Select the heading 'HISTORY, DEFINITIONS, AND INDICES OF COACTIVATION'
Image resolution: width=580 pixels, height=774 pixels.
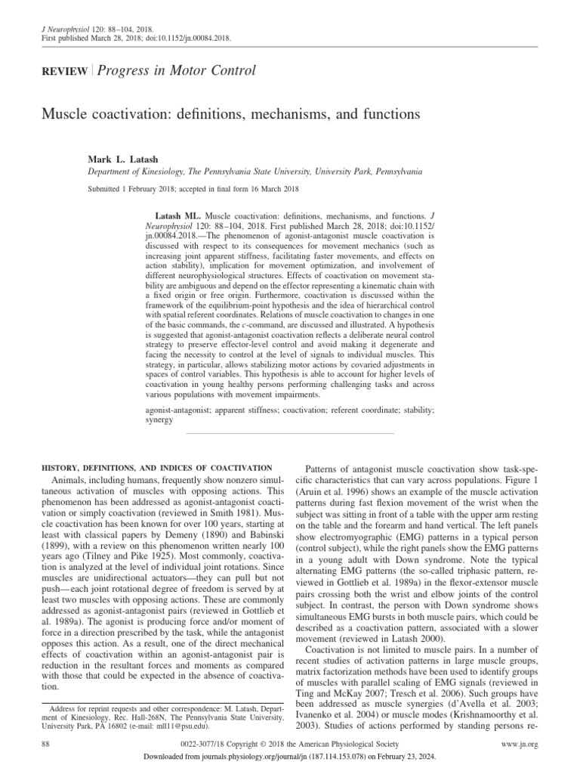coord(144,469)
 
